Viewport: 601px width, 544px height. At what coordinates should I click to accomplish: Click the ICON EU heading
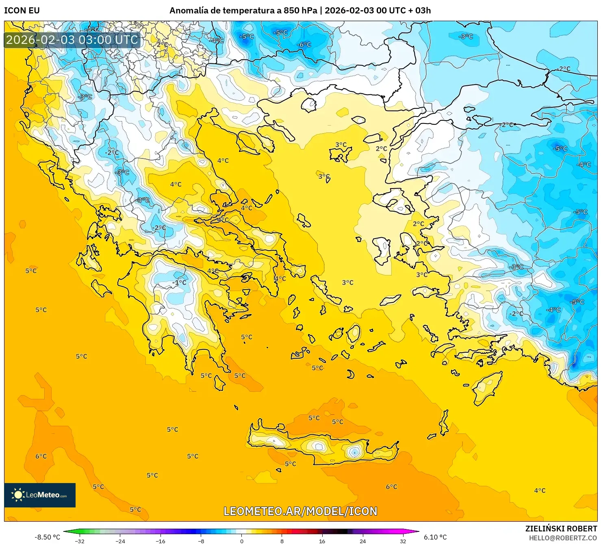[22, 11]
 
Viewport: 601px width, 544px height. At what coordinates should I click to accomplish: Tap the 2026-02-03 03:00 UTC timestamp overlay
[72, 40]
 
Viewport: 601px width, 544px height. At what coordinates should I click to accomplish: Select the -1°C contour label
[179, 282]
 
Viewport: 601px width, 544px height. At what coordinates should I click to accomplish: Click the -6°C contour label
[304, 45]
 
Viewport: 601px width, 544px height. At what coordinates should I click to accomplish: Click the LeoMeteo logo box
[40, 495]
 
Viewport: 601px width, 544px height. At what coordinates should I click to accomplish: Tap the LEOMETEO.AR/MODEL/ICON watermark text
[300, 511]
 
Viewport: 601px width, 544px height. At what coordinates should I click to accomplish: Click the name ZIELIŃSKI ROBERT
[561, 529]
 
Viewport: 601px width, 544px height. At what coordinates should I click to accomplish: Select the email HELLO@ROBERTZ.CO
[563, 538]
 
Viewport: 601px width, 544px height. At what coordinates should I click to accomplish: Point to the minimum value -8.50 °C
[47, 537]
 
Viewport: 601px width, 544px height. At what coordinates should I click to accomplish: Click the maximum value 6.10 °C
[435, 537]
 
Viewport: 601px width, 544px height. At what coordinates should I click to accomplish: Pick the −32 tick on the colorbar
[80, 541]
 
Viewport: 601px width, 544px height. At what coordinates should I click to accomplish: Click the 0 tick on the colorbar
[242, 541]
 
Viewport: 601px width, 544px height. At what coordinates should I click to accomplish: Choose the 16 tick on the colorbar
[322, 541]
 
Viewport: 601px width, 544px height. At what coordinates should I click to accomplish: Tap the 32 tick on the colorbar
[403, 541]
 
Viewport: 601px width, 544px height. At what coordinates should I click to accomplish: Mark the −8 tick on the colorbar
[201, 541]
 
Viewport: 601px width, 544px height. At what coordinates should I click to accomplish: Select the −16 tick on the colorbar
[161, 541]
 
